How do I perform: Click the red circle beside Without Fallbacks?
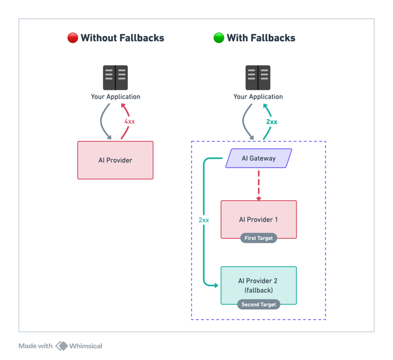73,38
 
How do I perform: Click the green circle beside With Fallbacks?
219,38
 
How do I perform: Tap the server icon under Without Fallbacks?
115,78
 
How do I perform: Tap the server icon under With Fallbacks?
258,78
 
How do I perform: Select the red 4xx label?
130,121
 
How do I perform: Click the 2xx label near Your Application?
272,121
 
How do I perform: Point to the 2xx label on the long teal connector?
204,220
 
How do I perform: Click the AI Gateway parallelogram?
258,158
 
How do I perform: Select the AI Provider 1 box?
258,219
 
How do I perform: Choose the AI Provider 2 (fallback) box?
258,285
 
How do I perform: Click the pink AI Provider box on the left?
115,160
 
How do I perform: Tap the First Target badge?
258,238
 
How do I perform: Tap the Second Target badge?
258,304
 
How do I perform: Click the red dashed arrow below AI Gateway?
258,184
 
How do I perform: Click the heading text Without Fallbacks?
122,38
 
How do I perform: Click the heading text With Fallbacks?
261,38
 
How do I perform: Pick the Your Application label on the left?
115,96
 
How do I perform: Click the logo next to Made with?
62,346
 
